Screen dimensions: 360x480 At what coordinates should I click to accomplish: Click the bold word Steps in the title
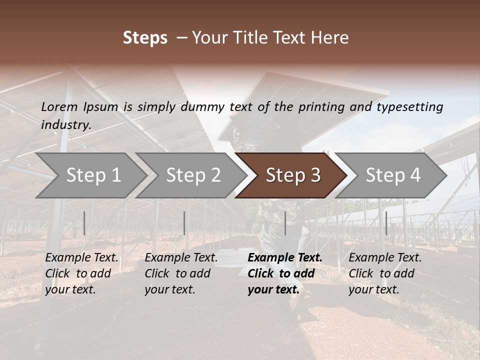145,38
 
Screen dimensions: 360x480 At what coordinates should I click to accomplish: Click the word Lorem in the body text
59,106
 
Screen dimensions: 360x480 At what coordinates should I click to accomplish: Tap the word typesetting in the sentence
409,106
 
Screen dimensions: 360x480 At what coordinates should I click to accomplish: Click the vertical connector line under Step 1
84,223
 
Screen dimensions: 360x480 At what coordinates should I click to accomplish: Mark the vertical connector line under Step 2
184,223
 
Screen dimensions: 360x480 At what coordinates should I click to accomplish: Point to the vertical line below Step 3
285,223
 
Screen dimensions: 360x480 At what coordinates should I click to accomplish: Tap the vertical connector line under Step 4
386,223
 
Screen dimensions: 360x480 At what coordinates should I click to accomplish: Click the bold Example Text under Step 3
285,258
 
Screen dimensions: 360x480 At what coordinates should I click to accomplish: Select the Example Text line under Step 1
81,258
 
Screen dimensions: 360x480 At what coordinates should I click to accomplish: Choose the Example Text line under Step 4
385,258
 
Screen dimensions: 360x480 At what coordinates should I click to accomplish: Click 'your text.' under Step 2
169,289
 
